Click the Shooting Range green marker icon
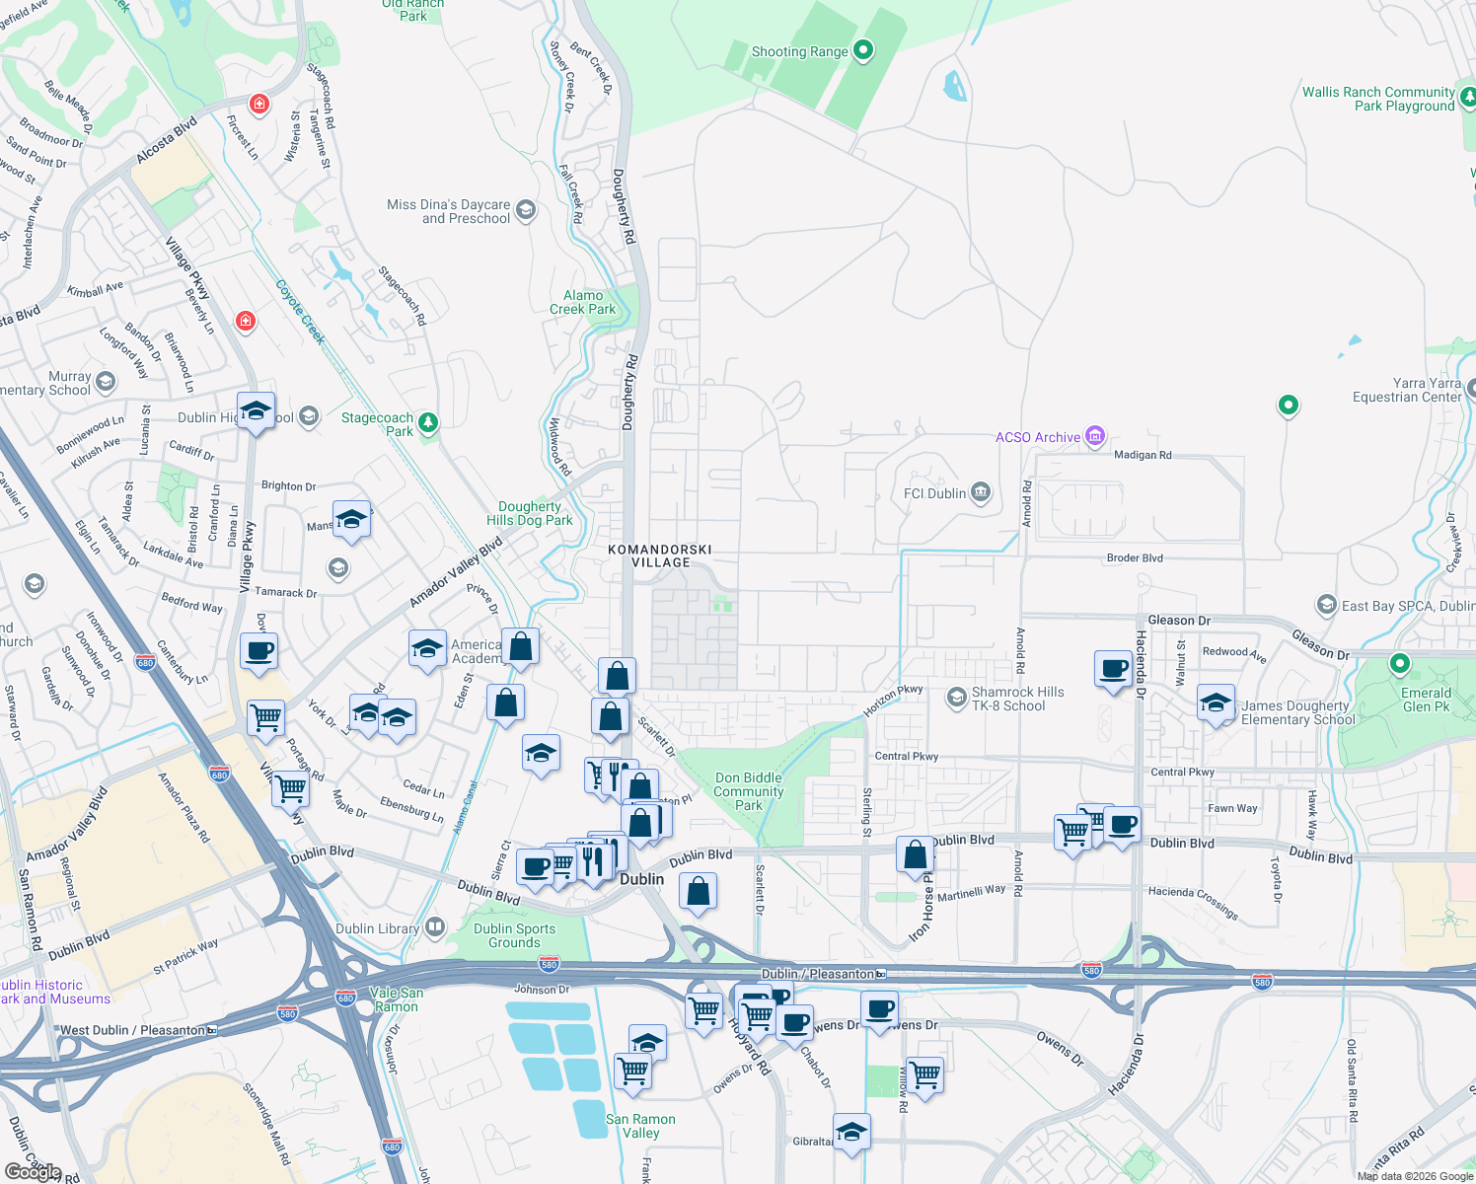(863, 50)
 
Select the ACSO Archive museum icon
(1094, 436)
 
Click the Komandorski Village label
(660, 555)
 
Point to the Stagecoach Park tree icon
(427, 422)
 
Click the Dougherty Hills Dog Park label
(529, 513)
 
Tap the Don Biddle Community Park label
(748, 791)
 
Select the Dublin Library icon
(435, 927)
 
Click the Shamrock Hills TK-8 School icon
(955, 698)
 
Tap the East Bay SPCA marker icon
(1326, 605)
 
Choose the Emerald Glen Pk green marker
(1399, 664)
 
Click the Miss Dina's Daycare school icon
(526, 209)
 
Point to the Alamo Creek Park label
(582, 302)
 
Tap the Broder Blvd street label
(1135, 557)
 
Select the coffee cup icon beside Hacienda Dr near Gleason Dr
(1113, 668)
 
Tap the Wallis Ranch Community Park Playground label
(1377, 99)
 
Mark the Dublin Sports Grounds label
(514, 935)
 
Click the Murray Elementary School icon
(106, 382)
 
